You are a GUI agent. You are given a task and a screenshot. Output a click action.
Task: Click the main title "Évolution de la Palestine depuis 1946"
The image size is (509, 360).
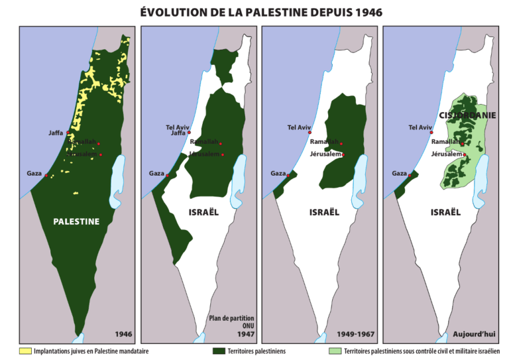[x=254, y=13]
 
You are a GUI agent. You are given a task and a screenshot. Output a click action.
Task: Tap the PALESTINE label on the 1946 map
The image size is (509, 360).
[x=76, y=221]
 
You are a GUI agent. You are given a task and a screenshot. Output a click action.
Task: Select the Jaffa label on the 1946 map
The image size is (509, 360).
[x=56, y=133]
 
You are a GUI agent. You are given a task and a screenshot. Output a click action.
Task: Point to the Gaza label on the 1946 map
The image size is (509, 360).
[x=34, y=174]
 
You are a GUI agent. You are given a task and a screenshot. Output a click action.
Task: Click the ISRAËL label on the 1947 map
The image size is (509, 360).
[x=203, y=212]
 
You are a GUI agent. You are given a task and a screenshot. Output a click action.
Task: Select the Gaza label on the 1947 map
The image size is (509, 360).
[x=156, y=174]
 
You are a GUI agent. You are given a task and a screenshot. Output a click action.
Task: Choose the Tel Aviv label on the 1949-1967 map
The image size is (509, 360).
[x=299, y=127]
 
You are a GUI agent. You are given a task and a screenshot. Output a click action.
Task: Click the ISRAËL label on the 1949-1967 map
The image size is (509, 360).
[x=324, y=212]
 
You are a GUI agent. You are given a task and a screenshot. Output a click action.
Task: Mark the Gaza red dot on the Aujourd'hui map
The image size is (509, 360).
[x=410, y=174]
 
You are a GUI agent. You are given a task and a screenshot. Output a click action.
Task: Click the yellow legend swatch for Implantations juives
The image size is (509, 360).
[x=25, y=350]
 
